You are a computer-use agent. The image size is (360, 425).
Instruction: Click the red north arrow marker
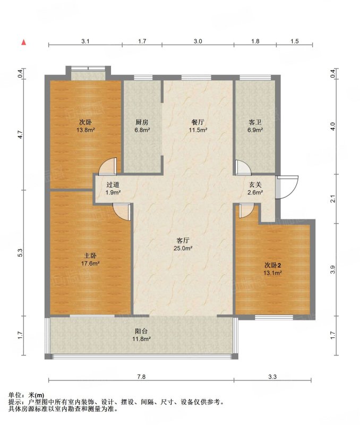tap(24, 42)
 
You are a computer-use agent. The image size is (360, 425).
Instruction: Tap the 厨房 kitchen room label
tap(142, 123)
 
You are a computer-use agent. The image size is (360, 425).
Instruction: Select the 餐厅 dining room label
tap(198, 123)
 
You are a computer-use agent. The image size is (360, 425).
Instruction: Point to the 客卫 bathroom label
tap(255, 123)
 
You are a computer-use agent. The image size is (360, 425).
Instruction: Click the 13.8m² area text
tap(85, 130)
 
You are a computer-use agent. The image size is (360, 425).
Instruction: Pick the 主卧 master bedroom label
tap(90, 256)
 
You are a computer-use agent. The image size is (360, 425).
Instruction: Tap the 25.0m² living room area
tap(183, 248)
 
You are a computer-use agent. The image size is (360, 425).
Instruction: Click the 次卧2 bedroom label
tap(272, 265)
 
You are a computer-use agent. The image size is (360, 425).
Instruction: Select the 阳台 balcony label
tap(141, 331)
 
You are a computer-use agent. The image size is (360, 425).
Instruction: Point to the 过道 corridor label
tap(113, 185)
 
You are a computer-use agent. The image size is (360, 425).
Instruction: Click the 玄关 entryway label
tap(255, 185)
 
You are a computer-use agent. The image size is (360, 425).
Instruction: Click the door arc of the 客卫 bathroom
tap(244, 167)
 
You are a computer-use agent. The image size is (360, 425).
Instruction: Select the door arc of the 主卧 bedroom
tap(121, 212)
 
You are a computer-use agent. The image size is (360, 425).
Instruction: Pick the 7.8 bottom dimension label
tap(141, 377)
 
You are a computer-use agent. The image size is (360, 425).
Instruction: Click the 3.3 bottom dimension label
tap(272, 377)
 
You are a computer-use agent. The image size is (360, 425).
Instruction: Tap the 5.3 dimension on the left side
tap(20, 253)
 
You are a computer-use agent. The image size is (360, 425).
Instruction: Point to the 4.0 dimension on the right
tap(333, 126)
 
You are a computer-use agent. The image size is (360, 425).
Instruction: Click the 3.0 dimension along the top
tap(198, 41)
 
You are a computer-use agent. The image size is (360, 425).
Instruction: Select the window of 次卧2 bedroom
tap(274, 317)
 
